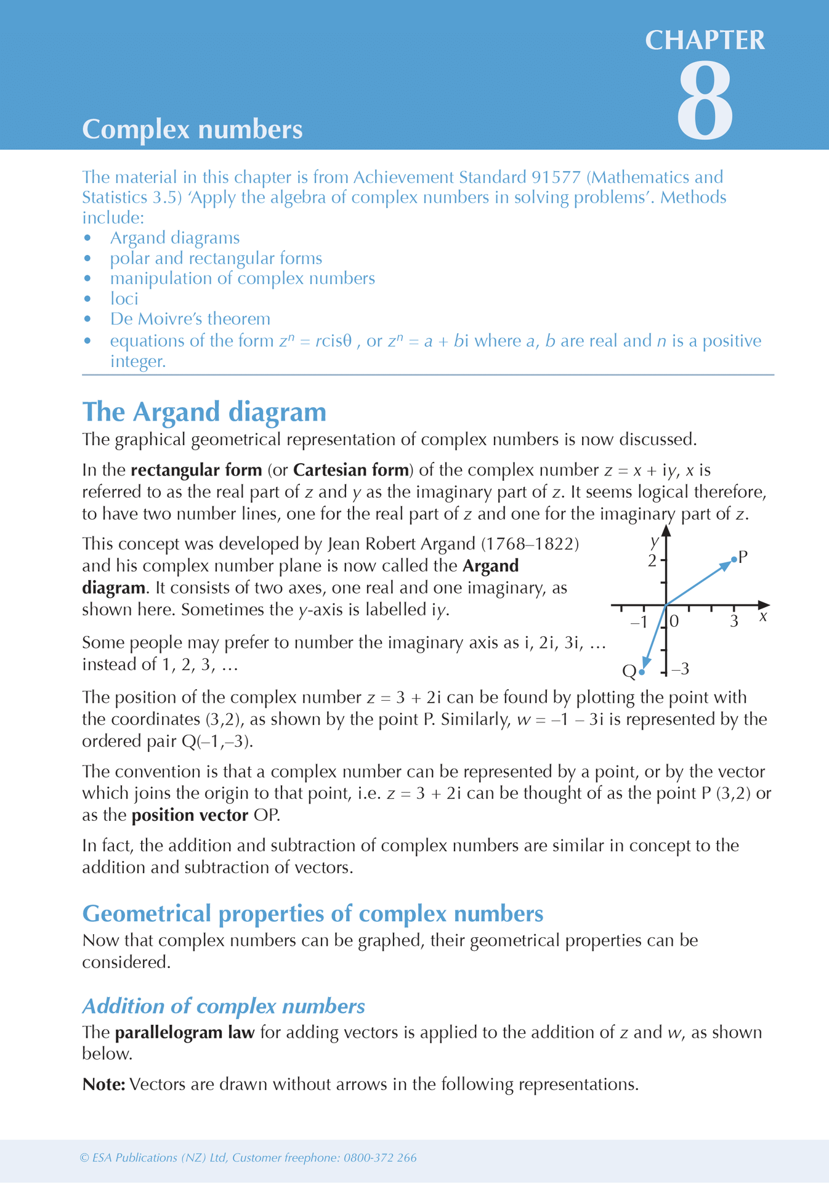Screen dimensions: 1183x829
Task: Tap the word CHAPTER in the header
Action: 705,41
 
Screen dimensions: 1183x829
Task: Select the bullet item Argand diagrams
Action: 175,238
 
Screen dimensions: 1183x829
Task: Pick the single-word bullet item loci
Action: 124,299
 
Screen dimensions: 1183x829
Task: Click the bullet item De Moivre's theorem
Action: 190,319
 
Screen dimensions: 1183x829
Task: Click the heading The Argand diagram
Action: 204,412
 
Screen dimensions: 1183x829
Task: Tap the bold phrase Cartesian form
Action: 351,470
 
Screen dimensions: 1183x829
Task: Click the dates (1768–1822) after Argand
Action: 530,544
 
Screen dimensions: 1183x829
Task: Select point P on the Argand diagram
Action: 734,559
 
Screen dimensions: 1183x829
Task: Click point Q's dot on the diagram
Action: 642,672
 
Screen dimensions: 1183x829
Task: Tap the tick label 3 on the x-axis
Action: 734,622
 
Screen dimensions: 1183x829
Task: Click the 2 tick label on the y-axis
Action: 652,561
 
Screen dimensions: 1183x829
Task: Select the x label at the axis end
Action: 763,616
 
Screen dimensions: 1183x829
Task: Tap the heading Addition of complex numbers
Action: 224,1006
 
